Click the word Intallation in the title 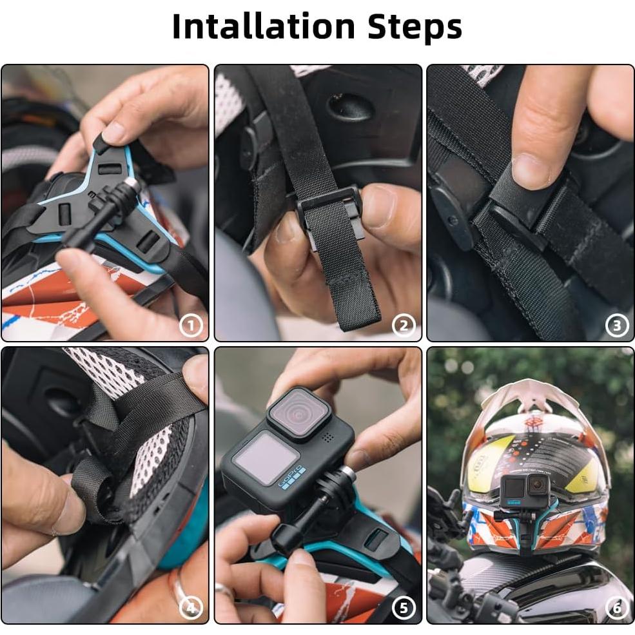263,27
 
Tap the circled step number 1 191,326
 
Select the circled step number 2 404,326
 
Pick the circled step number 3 616,326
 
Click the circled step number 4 191,607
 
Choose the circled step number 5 404,607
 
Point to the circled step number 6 616,607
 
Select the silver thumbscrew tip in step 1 132,184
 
